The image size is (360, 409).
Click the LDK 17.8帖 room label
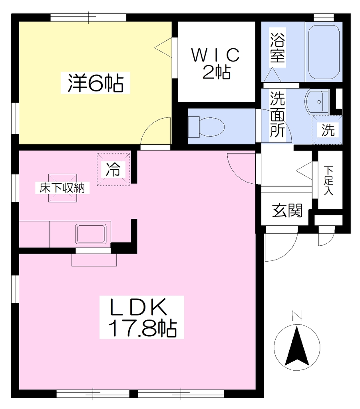[142, 317]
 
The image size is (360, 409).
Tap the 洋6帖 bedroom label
[95, 83]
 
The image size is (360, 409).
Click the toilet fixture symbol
[206, 127]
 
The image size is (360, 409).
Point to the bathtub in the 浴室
[324, 52]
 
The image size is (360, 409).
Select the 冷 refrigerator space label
[113, 169]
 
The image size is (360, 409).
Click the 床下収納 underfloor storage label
[62, 188]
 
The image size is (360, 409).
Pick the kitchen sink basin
[91, 233]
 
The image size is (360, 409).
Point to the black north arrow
[297, 346]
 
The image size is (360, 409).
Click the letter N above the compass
[297, 316]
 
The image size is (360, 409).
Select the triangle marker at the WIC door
[163, 48]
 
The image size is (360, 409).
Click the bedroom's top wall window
[88, 18]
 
